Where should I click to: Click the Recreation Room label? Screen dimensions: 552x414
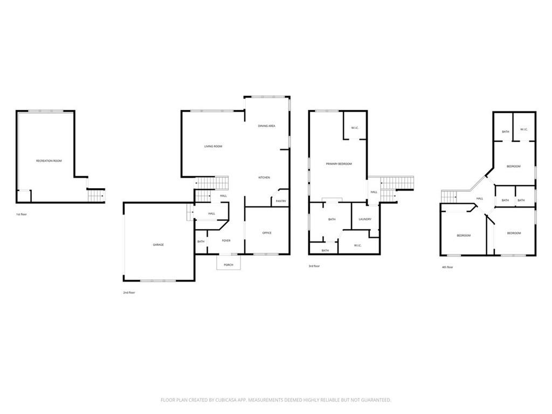coord(49,161)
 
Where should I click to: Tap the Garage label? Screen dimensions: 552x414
coord(158,245)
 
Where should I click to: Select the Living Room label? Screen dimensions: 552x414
coord(213,146)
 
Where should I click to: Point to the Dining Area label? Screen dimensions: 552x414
coord(266,126)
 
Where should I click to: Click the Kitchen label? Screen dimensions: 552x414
coord(264,177)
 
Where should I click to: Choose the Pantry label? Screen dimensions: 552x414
coord(281,201)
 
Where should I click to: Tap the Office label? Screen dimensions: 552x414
coord(267,233)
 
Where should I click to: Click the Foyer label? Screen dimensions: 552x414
coord(226,240)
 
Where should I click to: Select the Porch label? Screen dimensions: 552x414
coord(229,265)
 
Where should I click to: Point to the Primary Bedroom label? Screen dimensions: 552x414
coord(339,164)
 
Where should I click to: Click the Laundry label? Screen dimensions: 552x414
coord(365,219)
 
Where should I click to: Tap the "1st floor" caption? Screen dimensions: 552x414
coord(21,215)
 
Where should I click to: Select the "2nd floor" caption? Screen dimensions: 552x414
coord(129,293)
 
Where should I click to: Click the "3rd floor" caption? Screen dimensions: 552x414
coord(314,266)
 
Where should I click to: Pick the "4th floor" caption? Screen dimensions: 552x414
coord(447,267)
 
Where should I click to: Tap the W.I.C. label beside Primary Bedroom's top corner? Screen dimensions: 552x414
coord(355,127)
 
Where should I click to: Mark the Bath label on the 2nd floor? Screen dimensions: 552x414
coord(201,241)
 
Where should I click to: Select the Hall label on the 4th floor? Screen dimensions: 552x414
coord(479,198)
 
